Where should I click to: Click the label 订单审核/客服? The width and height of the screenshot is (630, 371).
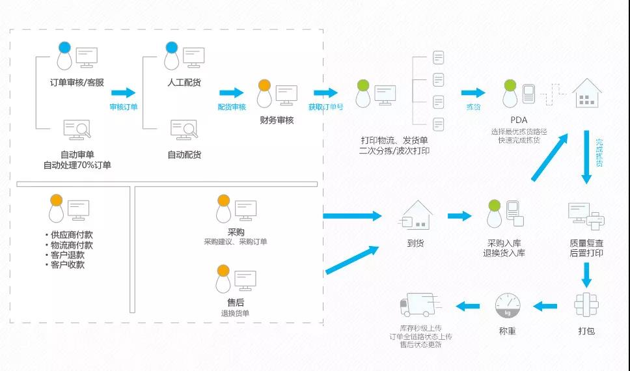(77, 83)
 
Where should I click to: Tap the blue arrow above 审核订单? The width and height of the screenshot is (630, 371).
(123, 93)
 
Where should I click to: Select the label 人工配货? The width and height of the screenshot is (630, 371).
(184, 83)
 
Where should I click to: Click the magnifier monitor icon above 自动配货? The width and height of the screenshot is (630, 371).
(184, 130)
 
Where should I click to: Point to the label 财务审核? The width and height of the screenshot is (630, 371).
(277, 120)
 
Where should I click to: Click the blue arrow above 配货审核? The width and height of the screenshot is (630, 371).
(231, 93)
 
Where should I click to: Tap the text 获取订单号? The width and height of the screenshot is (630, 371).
(326, 107)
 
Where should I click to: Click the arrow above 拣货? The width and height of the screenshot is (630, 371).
(473, 93)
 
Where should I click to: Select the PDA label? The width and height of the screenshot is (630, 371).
(519, 120)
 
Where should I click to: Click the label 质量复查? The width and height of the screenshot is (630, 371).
(586, 243)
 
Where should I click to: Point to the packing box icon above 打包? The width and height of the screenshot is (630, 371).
(586, 305)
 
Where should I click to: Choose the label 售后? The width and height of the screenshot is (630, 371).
(236, 302)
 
